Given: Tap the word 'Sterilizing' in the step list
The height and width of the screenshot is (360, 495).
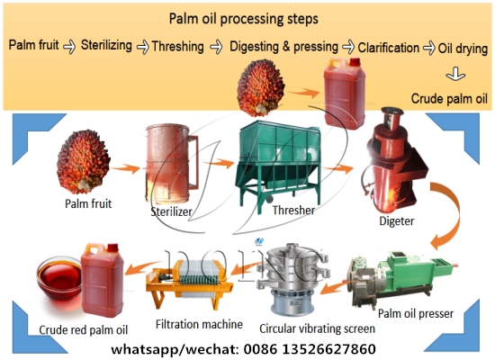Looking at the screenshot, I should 107,44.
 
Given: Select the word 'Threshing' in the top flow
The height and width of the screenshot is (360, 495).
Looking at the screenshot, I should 177,46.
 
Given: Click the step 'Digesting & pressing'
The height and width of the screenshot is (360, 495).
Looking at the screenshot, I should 283,46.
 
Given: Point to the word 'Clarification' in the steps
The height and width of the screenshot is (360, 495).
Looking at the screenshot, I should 389,46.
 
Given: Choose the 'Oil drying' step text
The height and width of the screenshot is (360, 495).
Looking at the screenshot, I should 463,46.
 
